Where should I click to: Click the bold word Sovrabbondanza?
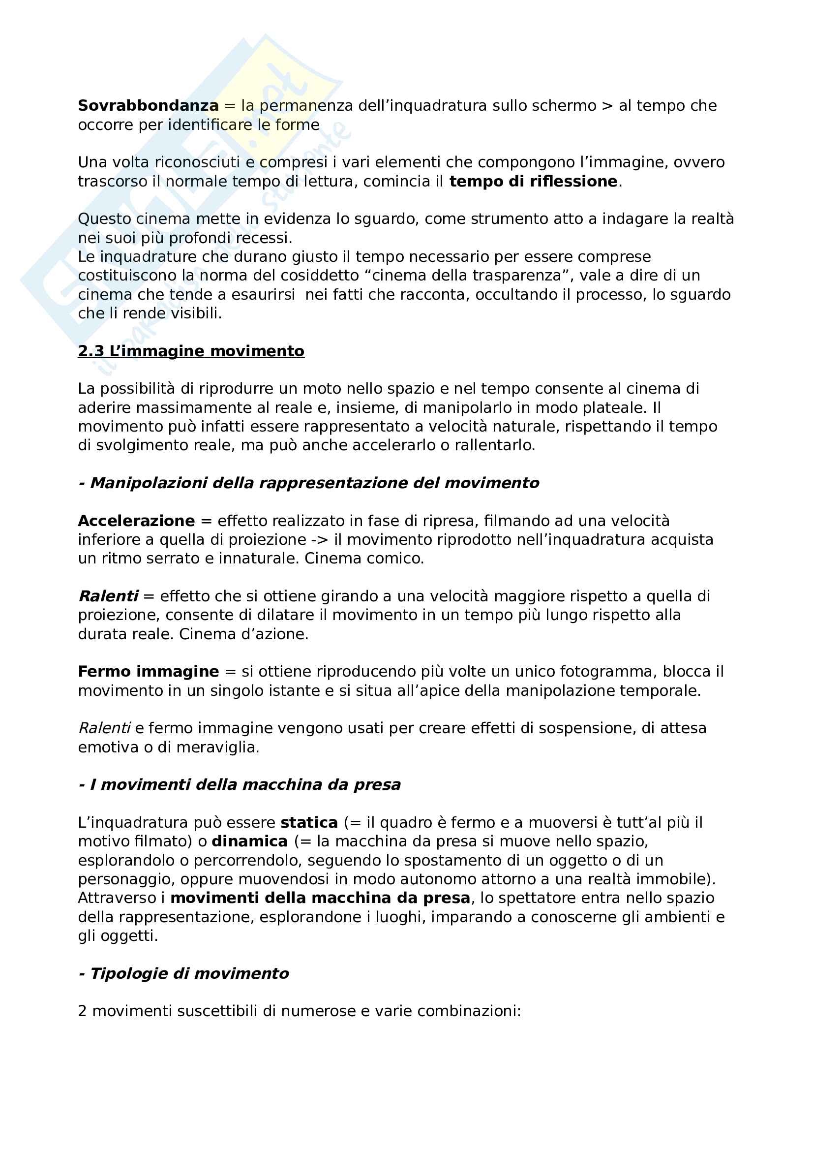coord(148,106)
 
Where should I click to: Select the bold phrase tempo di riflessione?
coord(533,182)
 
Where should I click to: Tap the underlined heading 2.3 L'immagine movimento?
coord(191,351)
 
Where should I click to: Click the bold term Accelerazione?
coord(136,521)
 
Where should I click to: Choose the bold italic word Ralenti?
coord(108,596)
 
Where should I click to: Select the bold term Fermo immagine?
coord(148,672)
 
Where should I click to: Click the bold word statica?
coord(309,823)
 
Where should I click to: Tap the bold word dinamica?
coord(249,841)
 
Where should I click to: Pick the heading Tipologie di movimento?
coord(189,973)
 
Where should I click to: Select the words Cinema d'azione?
coord(243,634)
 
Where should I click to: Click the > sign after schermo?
coord(606,106)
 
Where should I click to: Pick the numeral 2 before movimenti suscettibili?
coord(83,1011)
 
